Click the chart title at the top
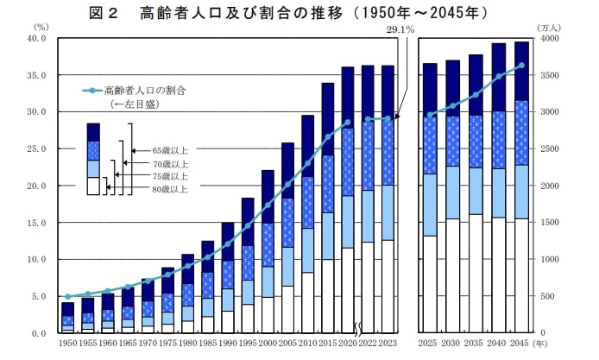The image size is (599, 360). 299,13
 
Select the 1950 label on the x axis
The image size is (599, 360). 67,344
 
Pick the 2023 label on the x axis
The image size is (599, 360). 388,344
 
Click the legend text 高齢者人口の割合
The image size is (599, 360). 145,89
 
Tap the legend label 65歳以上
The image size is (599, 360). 170,149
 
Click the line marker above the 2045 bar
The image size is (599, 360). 521,66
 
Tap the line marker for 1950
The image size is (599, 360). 67,296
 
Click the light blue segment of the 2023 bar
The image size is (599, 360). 388,212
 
